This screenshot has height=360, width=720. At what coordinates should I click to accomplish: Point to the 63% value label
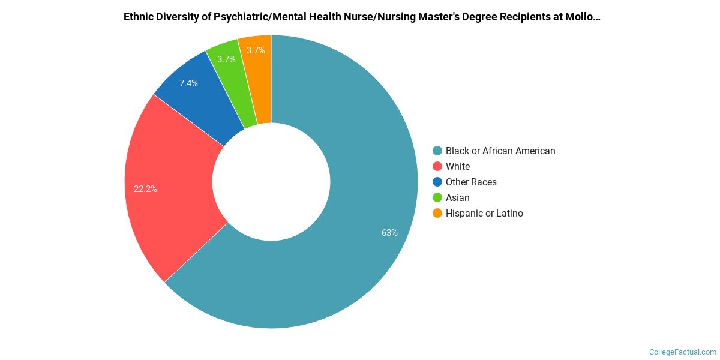pyautogui.click(x=389, y=233)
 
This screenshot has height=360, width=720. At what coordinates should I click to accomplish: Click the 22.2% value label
pyautogui.click(x=145, y=189)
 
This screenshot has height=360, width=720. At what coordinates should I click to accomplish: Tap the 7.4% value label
pyautogui.click(x=188, y=83)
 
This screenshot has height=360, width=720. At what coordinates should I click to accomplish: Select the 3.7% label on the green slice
pyautogui.click(x=226, y=59)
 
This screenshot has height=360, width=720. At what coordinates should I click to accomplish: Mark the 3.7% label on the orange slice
pyautogui.click(x=256, y=50)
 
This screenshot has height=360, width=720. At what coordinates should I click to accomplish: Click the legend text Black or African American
pyautogui.click(x=500, y=151)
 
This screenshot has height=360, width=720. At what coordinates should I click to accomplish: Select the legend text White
pyautogui.click(x=458, y=167)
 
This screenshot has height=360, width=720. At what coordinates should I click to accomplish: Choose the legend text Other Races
pyautogui.click(x=471, y=182)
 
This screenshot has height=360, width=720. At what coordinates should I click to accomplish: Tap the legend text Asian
pyautogui.click(x=458, y=198)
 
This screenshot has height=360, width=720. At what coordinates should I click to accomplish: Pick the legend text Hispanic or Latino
pyautogui.click(x=484, y=214)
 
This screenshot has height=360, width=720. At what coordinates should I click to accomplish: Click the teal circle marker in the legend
pyautogui.click(x=437, y=151)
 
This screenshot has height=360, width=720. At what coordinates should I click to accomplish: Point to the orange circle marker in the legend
pyautogui.click(x=437, y=214)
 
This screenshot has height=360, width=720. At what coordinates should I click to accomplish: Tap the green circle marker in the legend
pyautogui.click(x=437, y=198)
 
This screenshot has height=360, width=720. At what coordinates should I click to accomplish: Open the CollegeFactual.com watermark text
pyautogui.click(x=683, y=352)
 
